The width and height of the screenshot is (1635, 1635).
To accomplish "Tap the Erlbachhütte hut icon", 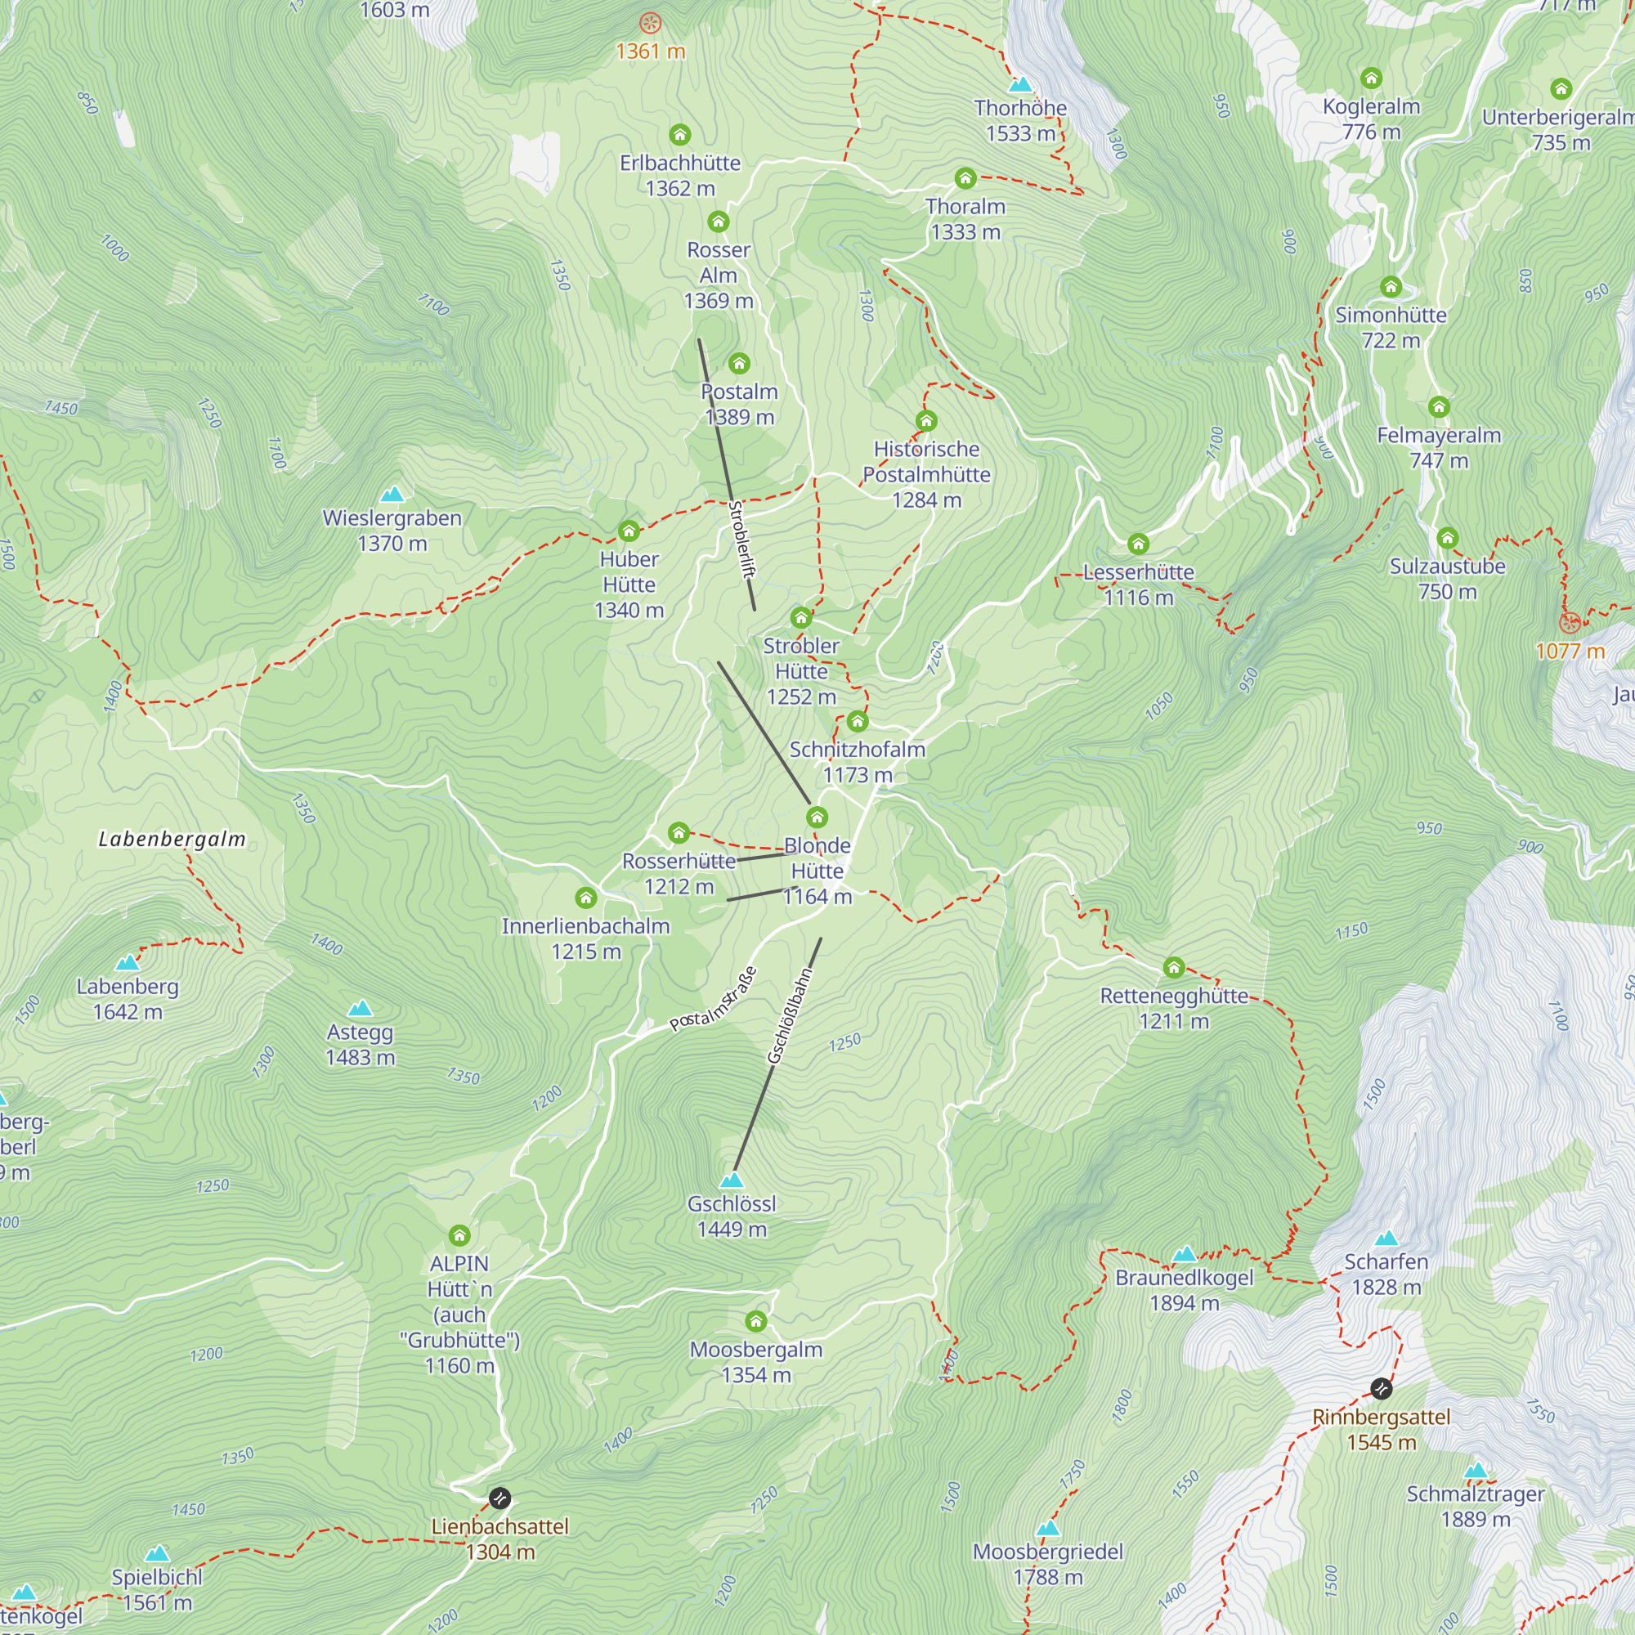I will pyautogui.click(x=679, y=135).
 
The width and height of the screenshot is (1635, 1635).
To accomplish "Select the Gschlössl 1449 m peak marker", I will pyautogui.click(x=731, y=1180).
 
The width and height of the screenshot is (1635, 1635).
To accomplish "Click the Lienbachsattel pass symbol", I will pyautogui.click(x=500, y=1498).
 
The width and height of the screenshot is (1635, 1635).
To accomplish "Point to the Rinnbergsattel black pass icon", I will pyautogui.click(x=1381, y=1389).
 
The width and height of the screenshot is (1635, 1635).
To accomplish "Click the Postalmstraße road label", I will pyautogui.click(x=714, y=1000).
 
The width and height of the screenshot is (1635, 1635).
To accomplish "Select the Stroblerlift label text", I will pyautogui.click(x=741, y=539).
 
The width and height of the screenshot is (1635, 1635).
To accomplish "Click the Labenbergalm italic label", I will pyautogui.click(x=172, y=839).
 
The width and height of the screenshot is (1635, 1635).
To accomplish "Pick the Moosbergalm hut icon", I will pyautogui.click(x=755, y=1321).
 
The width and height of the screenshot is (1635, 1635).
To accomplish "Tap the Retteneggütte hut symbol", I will pyautogui.click(x=1173, y=967).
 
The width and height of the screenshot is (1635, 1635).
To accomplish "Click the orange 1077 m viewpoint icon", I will pyautogui.click(x=1570, y=624).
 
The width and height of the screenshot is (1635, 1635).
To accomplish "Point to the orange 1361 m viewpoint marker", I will pyautogui.click(x=650, y=23).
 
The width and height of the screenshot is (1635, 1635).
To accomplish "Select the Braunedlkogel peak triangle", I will pyautogui.click(x=1184, y=1253).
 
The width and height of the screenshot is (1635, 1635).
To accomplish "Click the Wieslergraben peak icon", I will pyautogui.click(x=392, y=494).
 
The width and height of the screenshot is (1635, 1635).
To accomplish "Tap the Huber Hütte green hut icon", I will pyautogui.click(x=628, y=531).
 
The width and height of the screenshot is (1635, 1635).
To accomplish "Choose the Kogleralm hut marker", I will pyautogui.click(x=1371, y=78).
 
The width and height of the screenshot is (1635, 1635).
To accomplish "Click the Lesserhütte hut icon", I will pyautogui.click(x=1138, y=544).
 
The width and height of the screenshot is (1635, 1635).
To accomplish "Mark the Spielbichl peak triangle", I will pyautogui.click(x=158, y=1553).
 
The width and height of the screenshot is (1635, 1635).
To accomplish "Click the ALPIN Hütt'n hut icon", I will pyautogui.click(x=459, y=1235).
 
